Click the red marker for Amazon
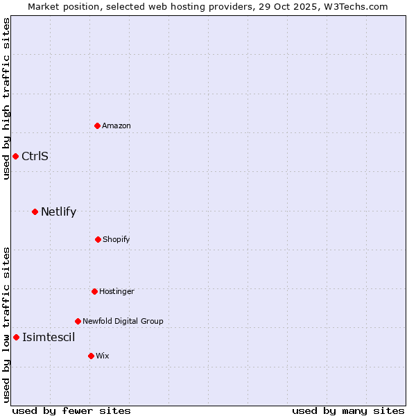click(97, 125)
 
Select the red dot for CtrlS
click(15, 156)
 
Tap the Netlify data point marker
click(35, 211)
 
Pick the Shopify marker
click(98, 239)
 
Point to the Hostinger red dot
click(94, 291)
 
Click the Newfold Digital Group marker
click(78, 321)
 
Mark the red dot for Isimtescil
click(16, 337)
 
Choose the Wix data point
click(91, 356)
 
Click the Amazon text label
click(116, 125)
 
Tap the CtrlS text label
click(35, 156)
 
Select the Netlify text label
click(58, 211)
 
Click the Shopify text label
click(116, 239)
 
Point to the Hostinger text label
click(116, 291)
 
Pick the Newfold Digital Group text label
click(123, 321)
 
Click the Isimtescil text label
click(49, 337)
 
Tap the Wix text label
click(103, 356)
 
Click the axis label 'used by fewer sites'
click(71, 410)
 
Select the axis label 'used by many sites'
click(348, 410)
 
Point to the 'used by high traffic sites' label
click(6, 98)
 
